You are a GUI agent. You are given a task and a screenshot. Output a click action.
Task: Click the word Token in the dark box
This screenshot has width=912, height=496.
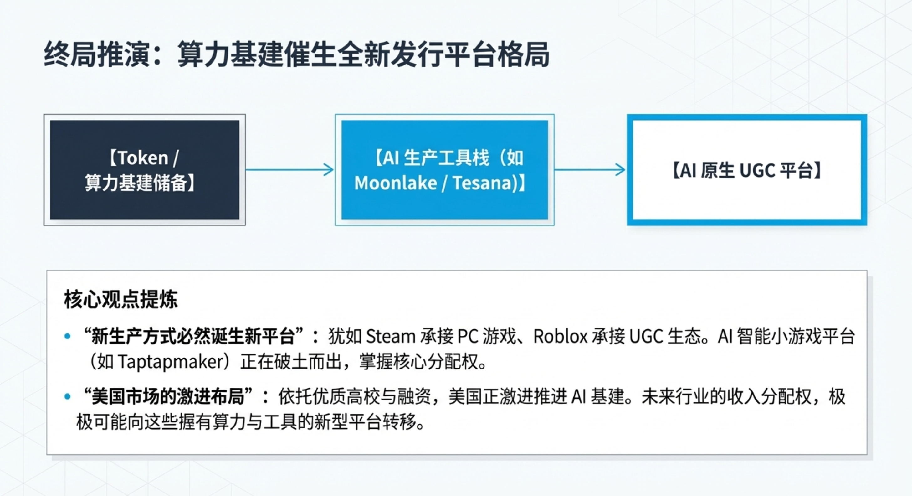[x=143, y=158]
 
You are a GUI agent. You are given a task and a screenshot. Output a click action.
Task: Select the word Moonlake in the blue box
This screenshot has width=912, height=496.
[x=396, y=183]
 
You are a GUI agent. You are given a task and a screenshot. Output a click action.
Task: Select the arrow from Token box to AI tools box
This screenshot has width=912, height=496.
[x=289, y=170]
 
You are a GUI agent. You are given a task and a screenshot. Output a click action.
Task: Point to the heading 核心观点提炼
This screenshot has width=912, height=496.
[x=121, y=299]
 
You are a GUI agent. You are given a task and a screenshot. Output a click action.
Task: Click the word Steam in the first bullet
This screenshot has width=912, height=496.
[x=391, y=336]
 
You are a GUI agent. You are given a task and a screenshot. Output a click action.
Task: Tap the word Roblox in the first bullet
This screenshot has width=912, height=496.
[x=561, y=336]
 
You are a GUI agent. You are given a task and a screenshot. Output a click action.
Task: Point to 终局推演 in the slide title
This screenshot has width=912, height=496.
[x=97, y=54]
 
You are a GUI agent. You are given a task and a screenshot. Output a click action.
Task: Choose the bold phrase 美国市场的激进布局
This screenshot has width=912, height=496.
[x=167, y=396]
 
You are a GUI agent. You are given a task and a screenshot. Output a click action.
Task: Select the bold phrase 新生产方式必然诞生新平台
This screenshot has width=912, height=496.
[x=193, y=336]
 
